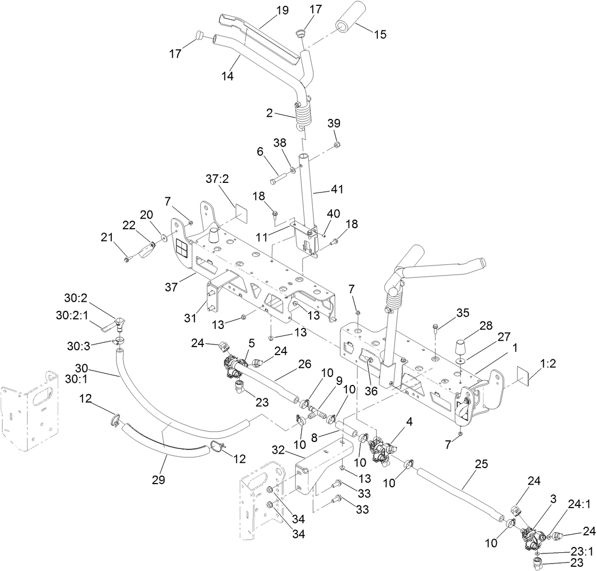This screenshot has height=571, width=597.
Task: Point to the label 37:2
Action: tap(217, 179)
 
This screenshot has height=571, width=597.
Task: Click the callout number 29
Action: tap(158, 479)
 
